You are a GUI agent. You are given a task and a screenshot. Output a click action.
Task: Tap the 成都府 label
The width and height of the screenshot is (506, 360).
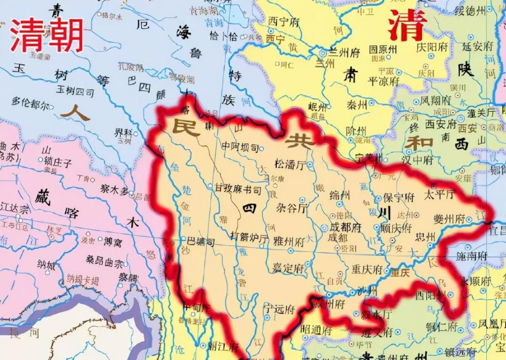345,227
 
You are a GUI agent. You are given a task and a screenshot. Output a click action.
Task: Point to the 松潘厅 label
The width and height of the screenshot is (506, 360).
290,165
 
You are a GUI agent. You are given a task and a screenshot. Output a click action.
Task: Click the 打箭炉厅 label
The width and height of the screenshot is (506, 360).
249,236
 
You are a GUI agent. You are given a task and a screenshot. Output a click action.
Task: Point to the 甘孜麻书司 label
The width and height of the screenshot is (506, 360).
236,190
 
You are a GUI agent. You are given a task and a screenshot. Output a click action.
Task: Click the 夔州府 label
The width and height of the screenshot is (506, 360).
449,219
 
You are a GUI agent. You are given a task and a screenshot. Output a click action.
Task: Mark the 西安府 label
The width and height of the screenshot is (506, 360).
440,123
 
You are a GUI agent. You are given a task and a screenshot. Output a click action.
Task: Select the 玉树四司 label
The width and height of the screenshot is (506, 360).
75,92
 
